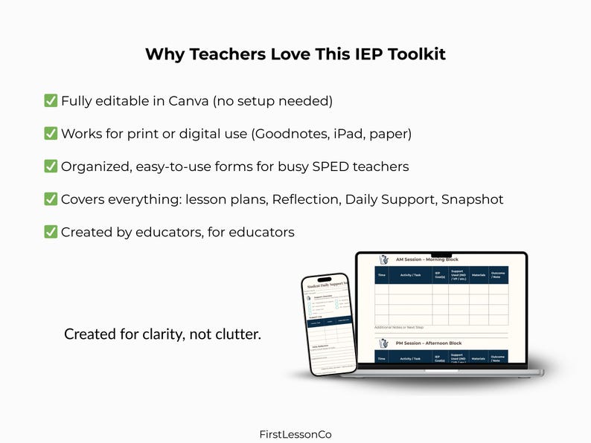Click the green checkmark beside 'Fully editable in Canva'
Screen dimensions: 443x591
[x=51, y=101]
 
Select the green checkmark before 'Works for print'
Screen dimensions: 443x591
[x=51, y=134]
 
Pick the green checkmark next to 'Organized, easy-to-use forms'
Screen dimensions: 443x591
[x=51, y=166]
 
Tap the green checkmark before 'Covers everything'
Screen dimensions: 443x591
[x=51, y=199]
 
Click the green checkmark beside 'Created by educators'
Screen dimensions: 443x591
[x=51, y=232]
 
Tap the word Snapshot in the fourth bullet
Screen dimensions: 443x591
[x=472, y=199]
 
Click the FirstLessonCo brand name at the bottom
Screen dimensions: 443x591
[x=295, y=434]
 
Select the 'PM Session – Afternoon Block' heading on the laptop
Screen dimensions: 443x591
[x=429, y=343]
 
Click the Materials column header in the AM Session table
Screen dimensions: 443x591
[x=479, y=275]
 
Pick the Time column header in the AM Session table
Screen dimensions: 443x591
[x=382, y=275]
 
